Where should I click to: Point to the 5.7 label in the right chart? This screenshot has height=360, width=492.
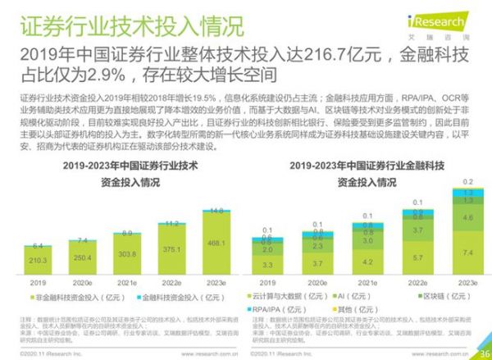coord(417,257)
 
